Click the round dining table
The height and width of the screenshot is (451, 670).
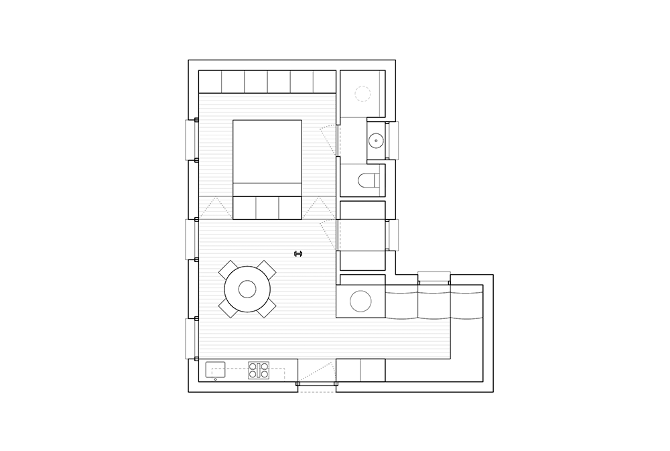(247, 289)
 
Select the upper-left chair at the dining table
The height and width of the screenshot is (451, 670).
(228, 269)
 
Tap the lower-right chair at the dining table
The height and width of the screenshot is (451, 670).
(267, 308)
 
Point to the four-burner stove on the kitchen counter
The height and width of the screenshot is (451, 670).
(259, 370)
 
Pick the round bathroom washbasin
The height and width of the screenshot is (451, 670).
(376, 141)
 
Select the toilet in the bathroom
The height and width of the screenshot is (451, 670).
(368, 180)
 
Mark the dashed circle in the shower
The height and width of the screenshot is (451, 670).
(362, 93)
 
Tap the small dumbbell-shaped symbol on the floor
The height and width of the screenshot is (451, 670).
(299, 253)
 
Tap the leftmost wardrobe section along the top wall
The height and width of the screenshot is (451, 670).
(210, 82)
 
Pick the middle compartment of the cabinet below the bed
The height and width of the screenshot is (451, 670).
(267, 207)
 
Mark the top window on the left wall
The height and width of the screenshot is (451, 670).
(191, 140)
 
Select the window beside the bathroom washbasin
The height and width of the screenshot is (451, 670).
(393, 141)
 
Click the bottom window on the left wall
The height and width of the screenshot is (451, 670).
(191, 338)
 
